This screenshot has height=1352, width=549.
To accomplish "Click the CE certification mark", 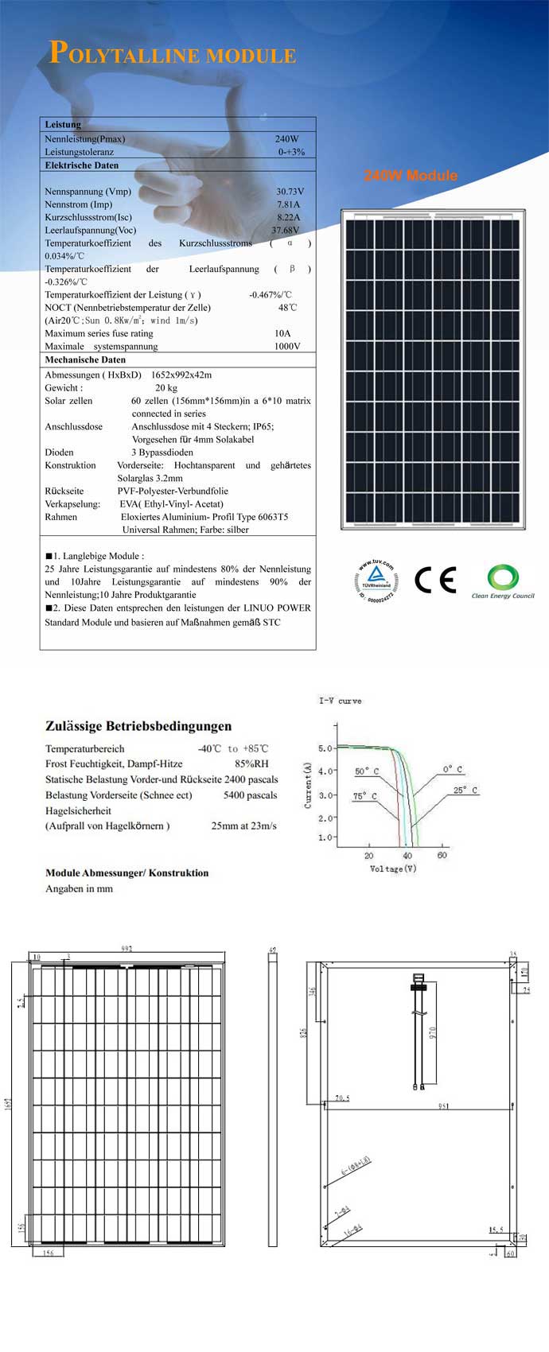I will click(435, 580).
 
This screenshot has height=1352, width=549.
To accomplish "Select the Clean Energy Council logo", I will click(503, 581).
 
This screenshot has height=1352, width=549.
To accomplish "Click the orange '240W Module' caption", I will click(411, 176).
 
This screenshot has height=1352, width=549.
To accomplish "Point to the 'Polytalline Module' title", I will click(173, 53).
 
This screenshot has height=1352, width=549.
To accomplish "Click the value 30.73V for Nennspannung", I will click(290, 192).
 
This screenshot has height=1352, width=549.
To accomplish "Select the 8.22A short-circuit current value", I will click(288, 217).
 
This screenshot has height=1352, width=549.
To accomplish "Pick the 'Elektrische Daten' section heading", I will click(82, 165).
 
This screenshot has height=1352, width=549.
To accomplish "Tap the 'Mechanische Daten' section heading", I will click(85, 359).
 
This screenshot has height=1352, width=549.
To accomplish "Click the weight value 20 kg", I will click(166, 388).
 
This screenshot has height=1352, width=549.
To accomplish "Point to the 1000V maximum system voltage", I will click(287, 347).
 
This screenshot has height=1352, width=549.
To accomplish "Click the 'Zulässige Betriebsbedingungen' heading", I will click(138, 726).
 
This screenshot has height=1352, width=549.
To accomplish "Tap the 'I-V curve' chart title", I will click(341, 701).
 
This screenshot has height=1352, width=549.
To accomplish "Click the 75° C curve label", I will click(365, 796).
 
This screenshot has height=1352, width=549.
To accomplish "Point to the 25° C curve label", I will click(465, 791).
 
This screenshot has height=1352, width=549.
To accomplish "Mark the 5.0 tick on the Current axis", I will click(325, 748).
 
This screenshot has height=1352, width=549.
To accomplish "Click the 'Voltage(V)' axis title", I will click(393, 868).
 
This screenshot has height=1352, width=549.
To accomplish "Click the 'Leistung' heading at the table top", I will click(63, 125).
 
